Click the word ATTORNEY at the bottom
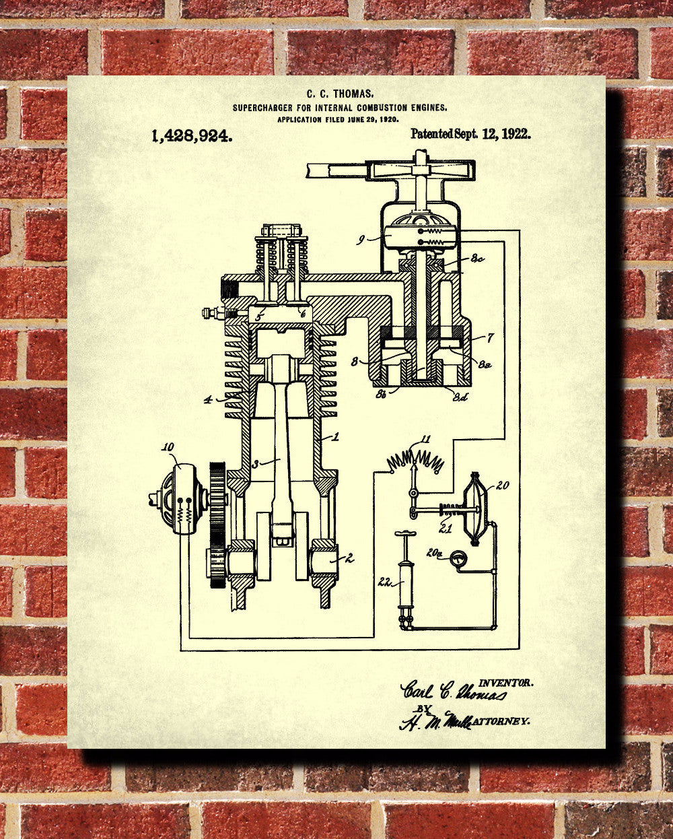point(501,721)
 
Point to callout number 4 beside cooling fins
point(209,400)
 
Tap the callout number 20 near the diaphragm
point(503,485)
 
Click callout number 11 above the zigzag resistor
point(425,439)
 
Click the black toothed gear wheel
point(216,525)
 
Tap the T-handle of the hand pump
point(405,535)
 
